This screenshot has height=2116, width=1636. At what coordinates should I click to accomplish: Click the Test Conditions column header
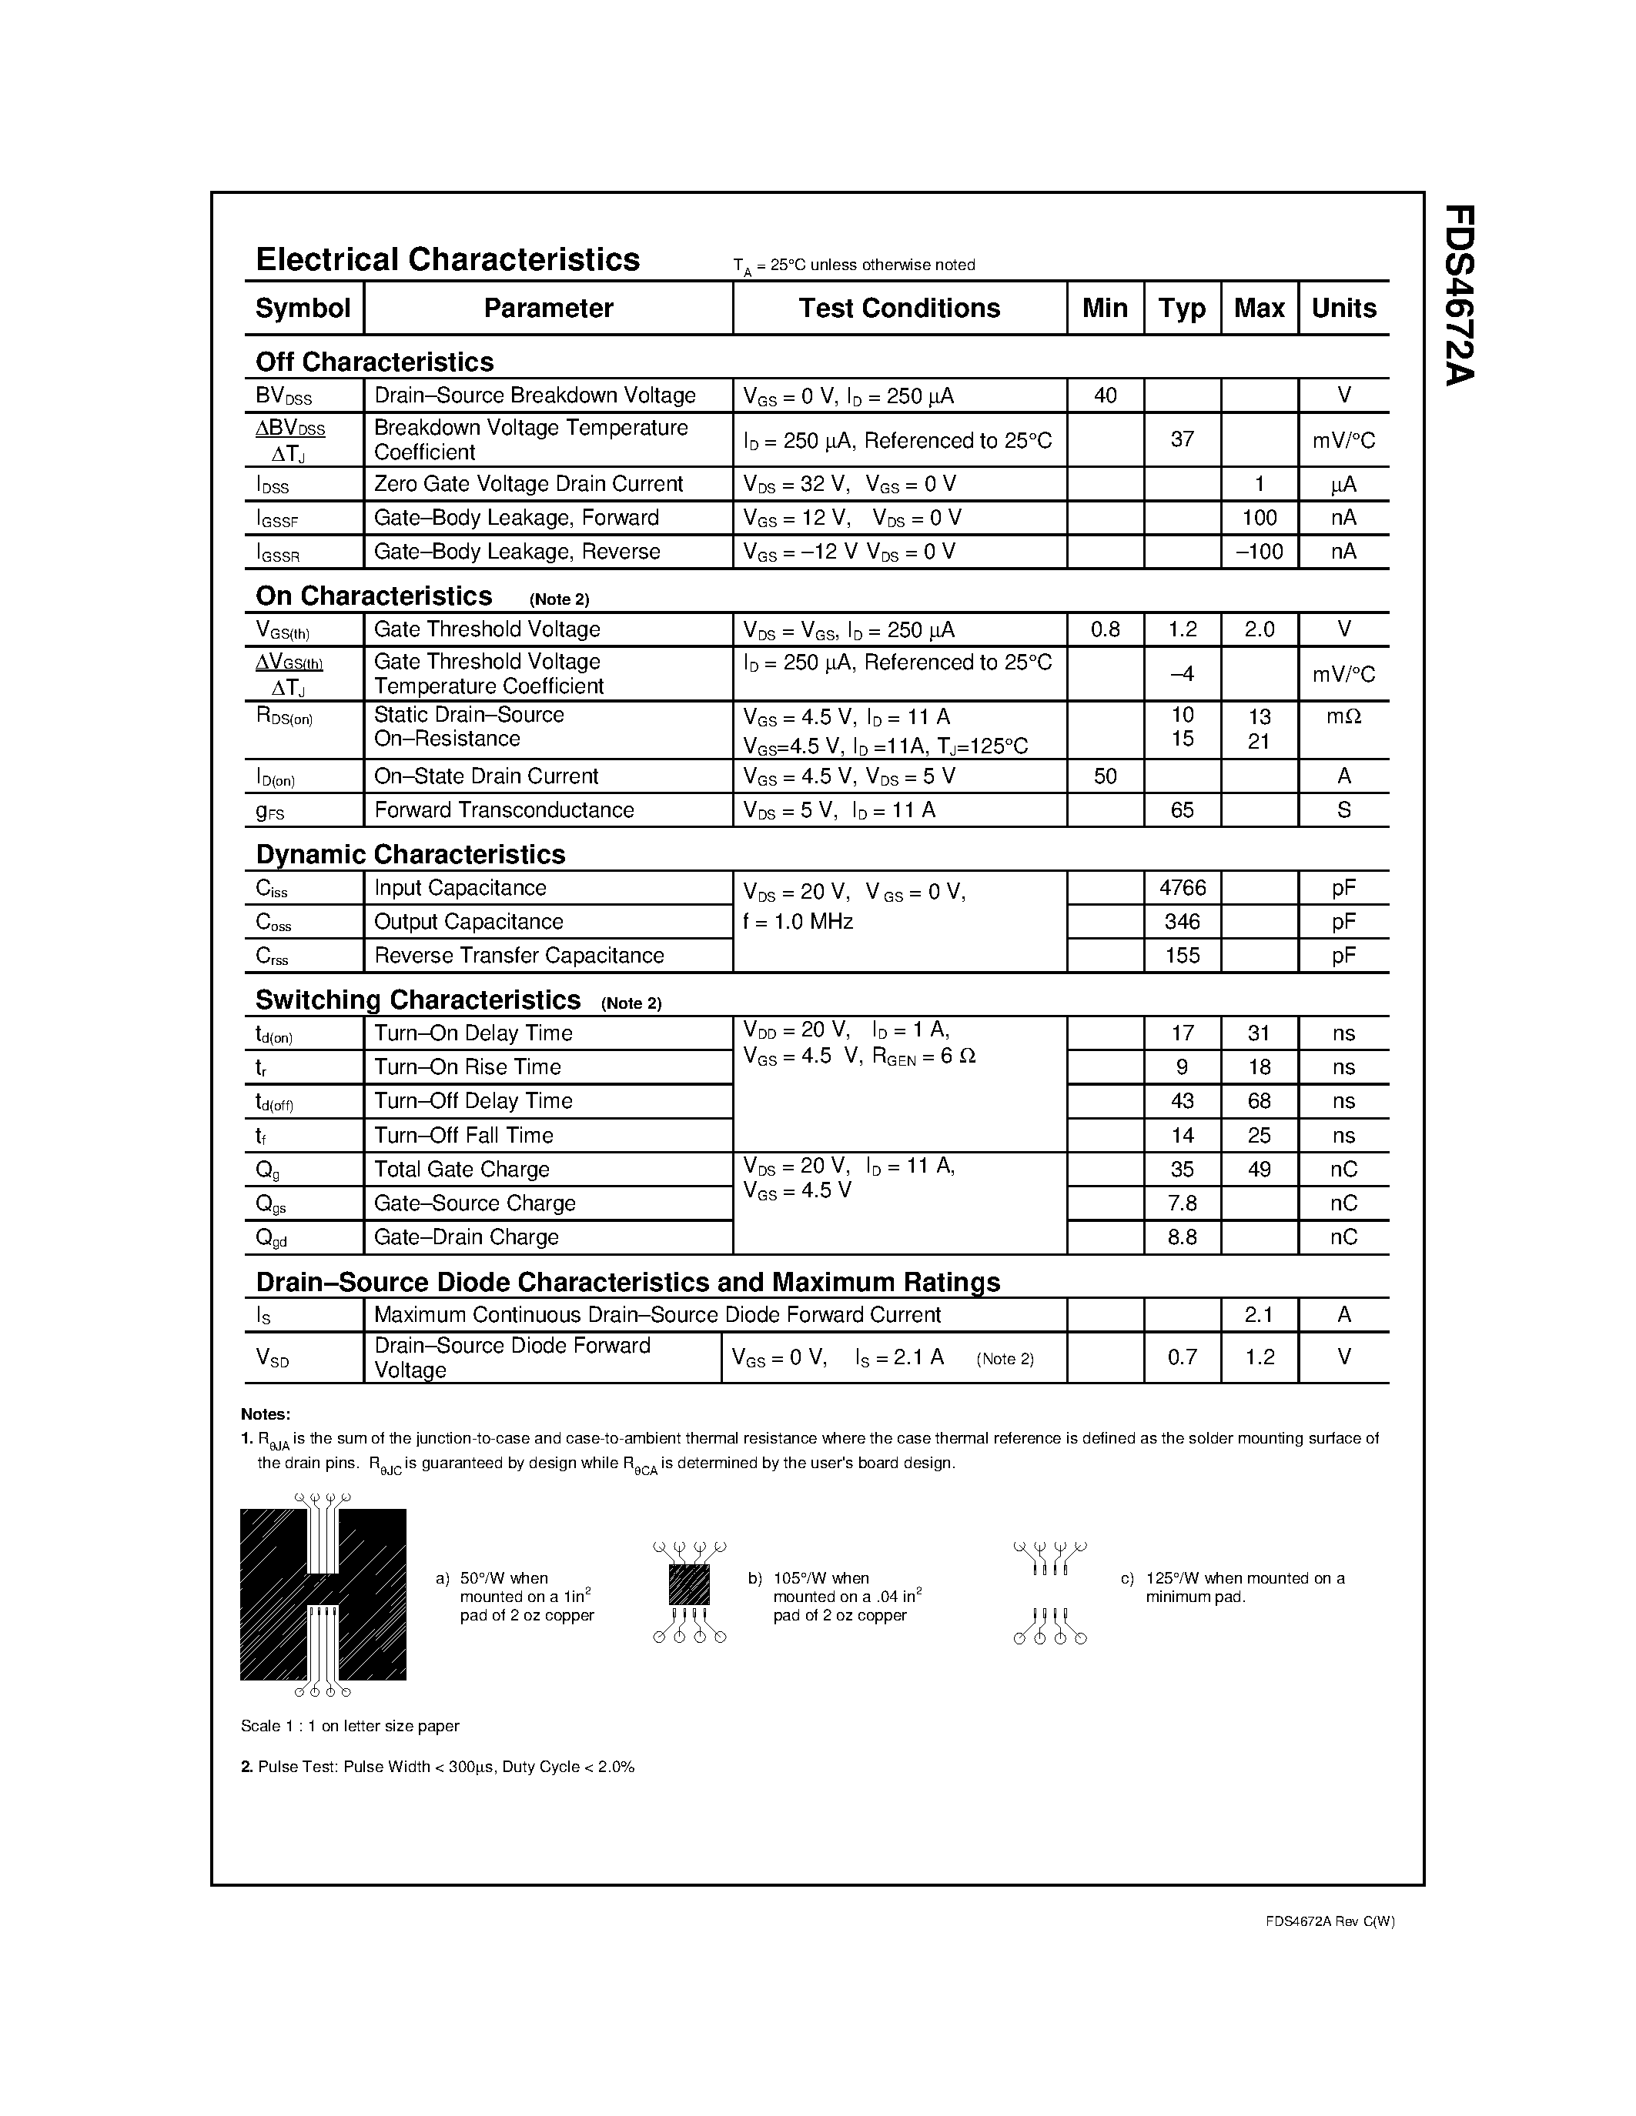[x=898, y=308]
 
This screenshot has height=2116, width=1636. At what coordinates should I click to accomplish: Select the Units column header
[x=1343, y=308]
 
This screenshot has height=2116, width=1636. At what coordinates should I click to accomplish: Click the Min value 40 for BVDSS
[x=1105, y=395]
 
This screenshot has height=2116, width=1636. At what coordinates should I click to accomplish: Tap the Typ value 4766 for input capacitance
[x=1183, y=887]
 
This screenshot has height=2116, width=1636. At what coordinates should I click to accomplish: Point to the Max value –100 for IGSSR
[x=1259, y=551]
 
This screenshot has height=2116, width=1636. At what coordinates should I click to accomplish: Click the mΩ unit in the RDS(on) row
[x=1343, y=716]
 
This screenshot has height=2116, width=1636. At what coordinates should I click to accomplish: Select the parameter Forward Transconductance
[x=504, y=810]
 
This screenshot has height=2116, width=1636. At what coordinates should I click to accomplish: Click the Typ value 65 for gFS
[x=1183, y=810]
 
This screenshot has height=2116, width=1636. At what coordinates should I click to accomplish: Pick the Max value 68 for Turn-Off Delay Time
[x=1259, y=1100]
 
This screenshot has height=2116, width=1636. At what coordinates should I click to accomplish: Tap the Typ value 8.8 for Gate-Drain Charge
[x=1183, y=1237]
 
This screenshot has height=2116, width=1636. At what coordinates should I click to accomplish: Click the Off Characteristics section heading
[x=374, y=362]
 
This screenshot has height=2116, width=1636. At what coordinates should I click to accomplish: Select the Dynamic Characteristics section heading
[x=410, y=855]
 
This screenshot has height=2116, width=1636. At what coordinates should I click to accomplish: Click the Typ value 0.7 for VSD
[x=1183, y=1357]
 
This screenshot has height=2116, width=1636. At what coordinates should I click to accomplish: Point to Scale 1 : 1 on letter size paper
[x=350, y=1726]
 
